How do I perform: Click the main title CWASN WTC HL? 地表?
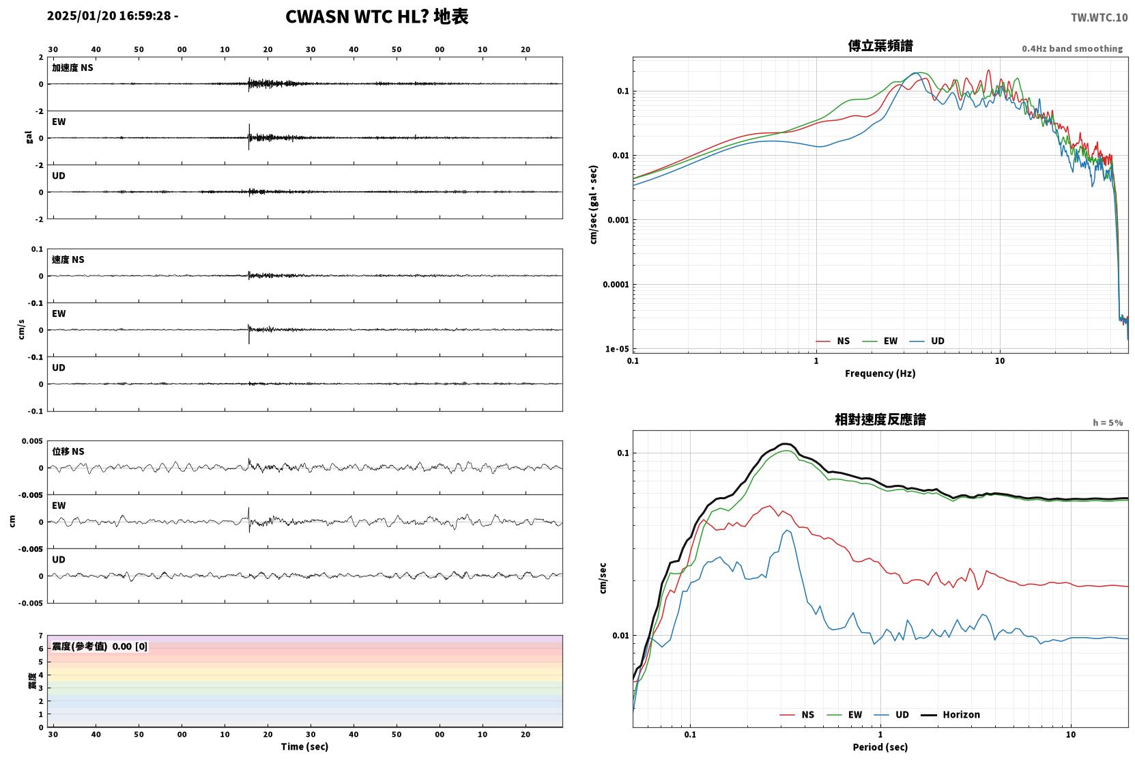(377, 16)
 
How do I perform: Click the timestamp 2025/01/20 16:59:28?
(109, 16)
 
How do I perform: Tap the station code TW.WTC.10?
(1099, 18)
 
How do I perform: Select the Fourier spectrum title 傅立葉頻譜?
(880, 46)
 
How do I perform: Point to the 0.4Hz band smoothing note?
(1072, 48)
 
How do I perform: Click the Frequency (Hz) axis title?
(880, 374)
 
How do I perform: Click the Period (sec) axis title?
(880, 747)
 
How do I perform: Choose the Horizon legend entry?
(950, 714)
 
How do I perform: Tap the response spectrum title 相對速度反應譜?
(880, 419)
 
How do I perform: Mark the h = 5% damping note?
(1108, 423)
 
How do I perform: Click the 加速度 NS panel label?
(72, 68)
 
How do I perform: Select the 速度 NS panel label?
(68, 259)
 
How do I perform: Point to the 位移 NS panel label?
(68, 451)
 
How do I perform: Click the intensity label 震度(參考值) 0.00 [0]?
(100, 647)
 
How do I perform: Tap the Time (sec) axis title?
(304, 746)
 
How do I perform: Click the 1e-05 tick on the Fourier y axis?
(617, 349)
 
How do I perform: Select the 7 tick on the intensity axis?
(41, 636)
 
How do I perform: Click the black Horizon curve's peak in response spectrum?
(784, 444)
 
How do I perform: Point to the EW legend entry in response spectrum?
(844, 714)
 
